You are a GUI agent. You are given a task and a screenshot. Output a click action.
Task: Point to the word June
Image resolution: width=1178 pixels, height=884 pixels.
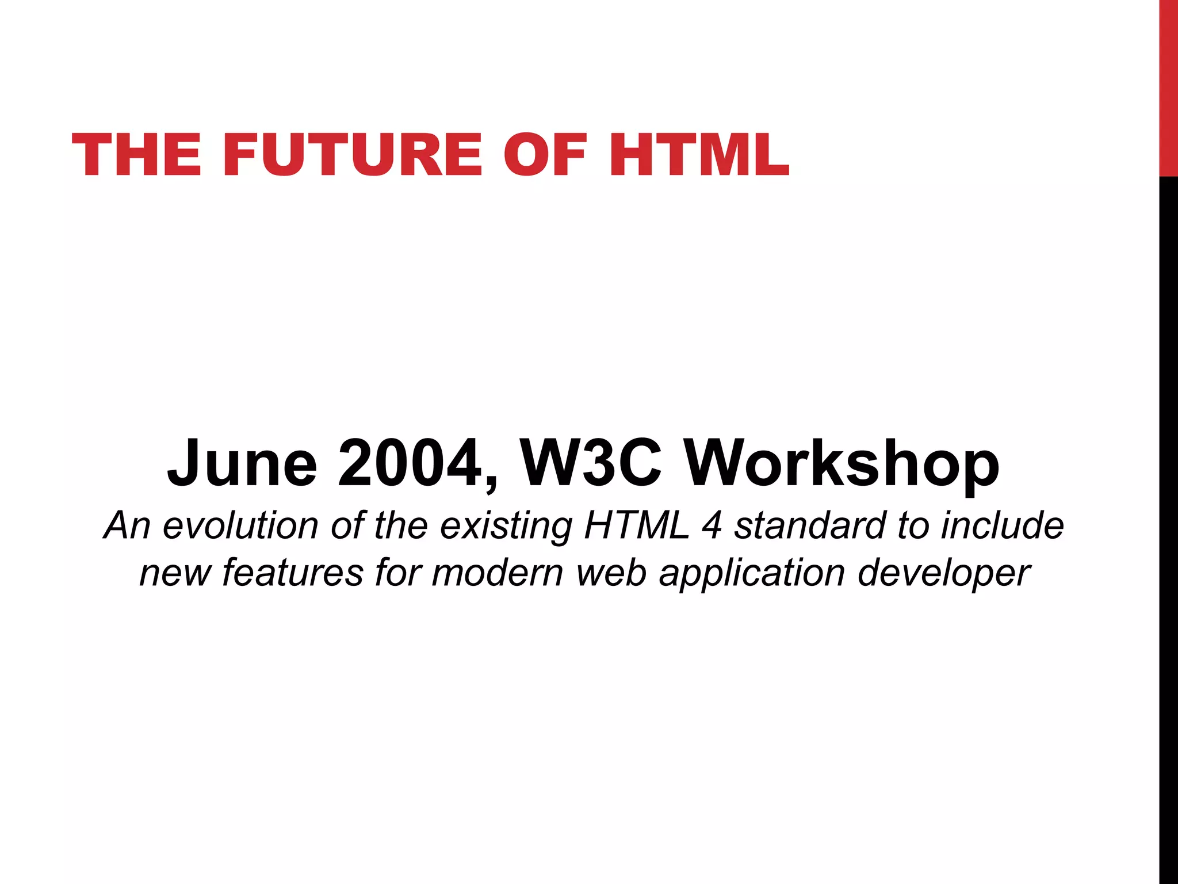(x=242, y=464)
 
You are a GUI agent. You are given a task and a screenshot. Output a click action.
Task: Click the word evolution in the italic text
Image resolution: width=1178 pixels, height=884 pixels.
(x=240, y=525)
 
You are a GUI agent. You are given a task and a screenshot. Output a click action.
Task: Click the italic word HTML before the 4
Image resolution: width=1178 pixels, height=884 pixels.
(x=637, y=525)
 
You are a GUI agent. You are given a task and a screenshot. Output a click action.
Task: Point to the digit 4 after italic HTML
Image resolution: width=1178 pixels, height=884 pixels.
(x=712, y=525)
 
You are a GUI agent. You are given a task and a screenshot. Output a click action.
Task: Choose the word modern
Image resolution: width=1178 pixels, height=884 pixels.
(x=498, y=573)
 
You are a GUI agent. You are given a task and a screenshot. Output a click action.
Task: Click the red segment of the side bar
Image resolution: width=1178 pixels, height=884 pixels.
(x=1168, y=86)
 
